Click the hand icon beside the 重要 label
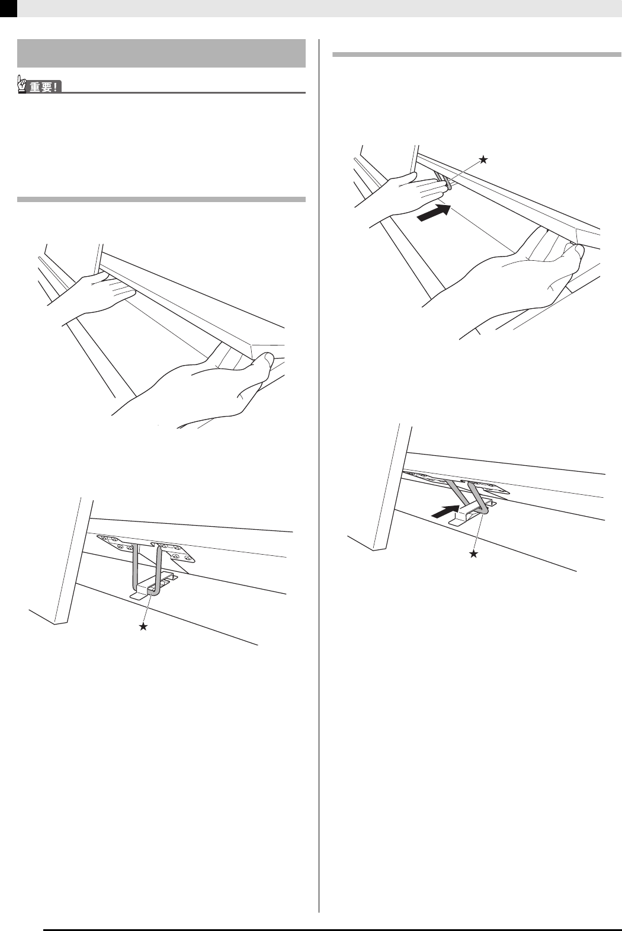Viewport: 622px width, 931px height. (x=23, y=87)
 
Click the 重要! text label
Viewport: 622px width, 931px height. (x=44, y=88)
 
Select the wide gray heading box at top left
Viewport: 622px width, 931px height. (x=161, y=53)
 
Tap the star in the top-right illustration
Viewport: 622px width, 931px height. (x=484, y=159)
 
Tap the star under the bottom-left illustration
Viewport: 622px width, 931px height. (x=143, y=627)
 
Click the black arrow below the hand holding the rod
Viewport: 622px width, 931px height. (x=434, y=213)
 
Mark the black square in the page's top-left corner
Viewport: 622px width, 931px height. (x=8, y=8)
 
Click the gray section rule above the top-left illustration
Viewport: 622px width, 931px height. (x=161, y=200)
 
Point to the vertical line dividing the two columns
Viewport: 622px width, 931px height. (x=319, y=474)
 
